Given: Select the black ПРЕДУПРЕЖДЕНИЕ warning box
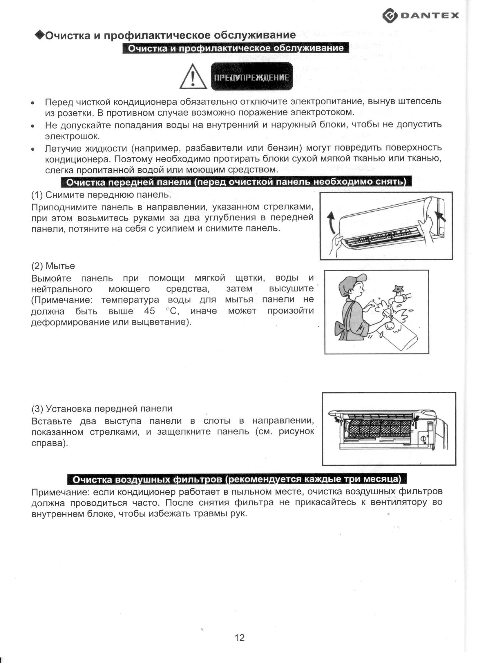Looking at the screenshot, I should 251,76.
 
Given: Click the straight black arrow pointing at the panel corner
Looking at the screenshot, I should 440,216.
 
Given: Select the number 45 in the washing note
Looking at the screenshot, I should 149,311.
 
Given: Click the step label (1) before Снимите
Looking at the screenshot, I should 37,195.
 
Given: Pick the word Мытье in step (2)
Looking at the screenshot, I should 60,266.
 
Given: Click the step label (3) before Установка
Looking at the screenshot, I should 37,409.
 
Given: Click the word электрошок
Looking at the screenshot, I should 72,136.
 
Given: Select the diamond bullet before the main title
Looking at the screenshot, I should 39,35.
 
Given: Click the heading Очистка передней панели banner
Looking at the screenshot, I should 236,182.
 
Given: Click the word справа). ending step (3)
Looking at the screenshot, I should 50,443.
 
